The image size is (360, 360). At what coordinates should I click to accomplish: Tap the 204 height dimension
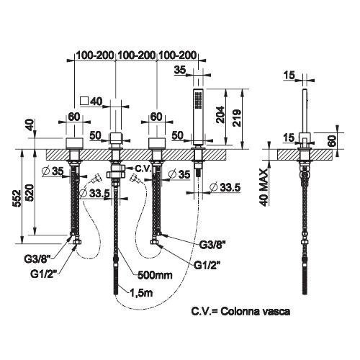pyautogui.click(x=220, y=114)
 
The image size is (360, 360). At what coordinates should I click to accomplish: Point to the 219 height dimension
pyautogui.click(x=236, y=118)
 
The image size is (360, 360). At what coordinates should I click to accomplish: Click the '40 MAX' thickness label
pyautogui.click(x=264, y=187)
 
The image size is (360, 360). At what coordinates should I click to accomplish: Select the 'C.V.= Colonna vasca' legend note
pyautogui.click(x=240, y=312)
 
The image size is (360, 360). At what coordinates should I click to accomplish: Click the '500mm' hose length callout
pyautogui.click(x=155, y=275)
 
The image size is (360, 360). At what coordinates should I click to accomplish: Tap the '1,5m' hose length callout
pyautogui.click(x=141, y=293)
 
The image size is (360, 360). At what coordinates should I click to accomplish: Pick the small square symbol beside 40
pyautogui.click(x=84, y=101)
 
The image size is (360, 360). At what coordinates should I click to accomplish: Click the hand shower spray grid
pyautogui.click(x=199, y=100)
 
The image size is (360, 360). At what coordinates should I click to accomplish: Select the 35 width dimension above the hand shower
pyautogui.click(x=180, y=70)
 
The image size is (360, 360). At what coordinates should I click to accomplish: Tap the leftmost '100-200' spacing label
pyautogui.click(x=95, y=55)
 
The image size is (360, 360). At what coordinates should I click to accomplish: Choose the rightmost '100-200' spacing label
pyautogui.click(x=178, y=55)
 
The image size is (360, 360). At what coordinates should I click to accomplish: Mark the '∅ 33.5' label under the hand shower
pyautogui.click(x=225, y=188)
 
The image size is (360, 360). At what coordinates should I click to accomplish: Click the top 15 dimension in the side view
pyautogui.click(x=289, y=75)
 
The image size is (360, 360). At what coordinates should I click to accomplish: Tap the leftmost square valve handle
pyautogui.click(x=74, y=144)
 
